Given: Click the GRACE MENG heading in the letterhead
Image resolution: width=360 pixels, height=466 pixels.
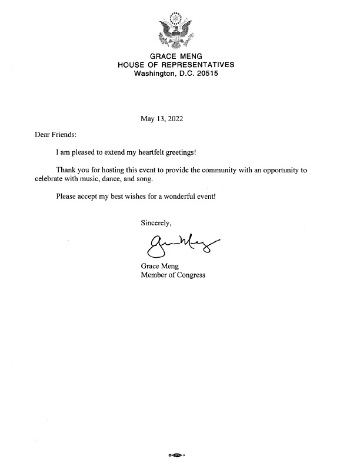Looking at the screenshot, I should pos(176,56).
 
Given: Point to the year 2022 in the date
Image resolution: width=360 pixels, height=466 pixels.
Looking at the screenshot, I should pos(175,118).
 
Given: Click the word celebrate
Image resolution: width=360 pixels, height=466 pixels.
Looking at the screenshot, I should pos(50,178).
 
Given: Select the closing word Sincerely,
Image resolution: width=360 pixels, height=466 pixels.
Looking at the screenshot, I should pos(156,223).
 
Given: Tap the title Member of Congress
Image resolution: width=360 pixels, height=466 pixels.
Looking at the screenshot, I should pos(173,275).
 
